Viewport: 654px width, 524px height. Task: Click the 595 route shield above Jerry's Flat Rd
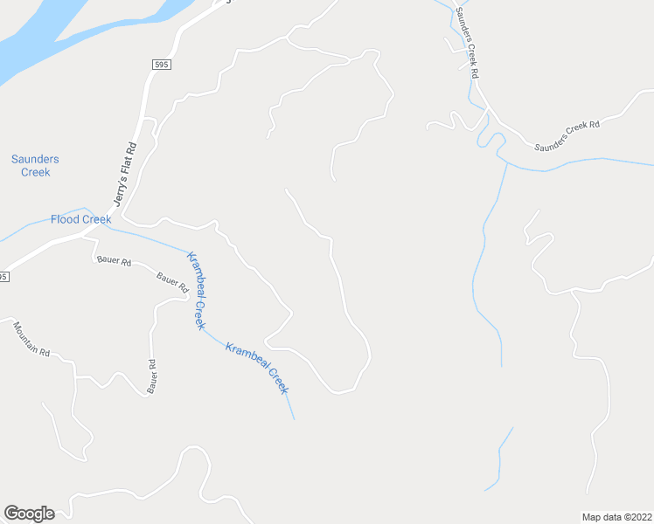tap(159, 65)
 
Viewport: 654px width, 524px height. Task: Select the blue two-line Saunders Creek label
tap(36, 165)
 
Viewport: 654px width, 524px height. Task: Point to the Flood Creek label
tap(80, 219)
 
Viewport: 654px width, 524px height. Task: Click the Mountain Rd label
tap(31, 340)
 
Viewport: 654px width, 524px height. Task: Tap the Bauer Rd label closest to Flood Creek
tap(114, 261)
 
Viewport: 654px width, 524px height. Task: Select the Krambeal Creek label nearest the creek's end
tap(256, 368)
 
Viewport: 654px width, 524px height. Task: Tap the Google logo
tap(29, 514)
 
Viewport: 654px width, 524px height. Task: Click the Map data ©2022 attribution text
tap(616, 516)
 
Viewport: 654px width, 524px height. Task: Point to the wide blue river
tap(52, 35)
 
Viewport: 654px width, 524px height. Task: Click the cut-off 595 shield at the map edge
tap(3, 277)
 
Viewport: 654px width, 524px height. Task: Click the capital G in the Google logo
tap(11, 514)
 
